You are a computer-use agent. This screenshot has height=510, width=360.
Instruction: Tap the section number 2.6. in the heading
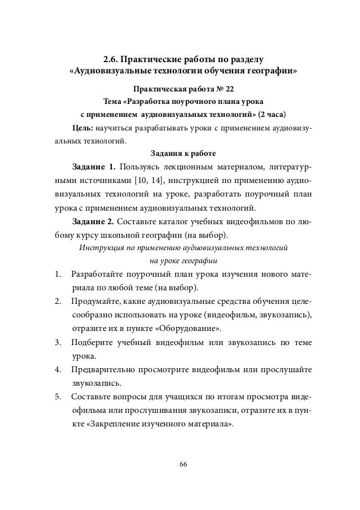click(112, 59)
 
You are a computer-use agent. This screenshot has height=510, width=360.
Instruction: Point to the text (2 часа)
click(272, 115)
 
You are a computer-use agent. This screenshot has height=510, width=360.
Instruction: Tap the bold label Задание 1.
click(94, 167)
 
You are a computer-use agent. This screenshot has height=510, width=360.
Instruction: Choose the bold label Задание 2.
click(93, 220)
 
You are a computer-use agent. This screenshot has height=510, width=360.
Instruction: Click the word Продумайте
click(94, 302)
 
